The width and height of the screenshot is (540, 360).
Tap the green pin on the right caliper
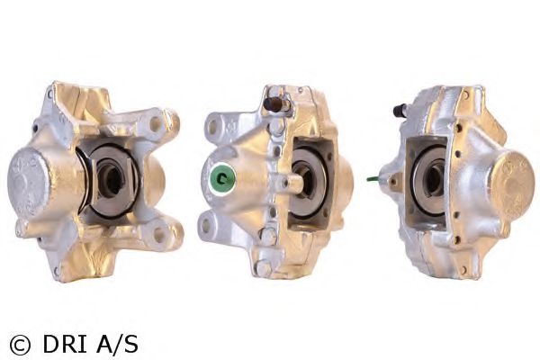pyautogui.click(x=373, y=179)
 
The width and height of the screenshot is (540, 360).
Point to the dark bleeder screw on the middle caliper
pyautogui.click(x=272, y=103)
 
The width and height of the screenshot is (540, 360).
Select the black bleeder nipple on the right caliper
pyautogui.click(x=399, y=110)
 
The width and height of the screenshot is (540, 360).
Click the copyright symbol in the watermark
pyautogui.click(x=20, y=344)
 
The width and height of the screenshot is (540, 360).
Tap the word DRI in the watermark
pyautogui.click(x=65, y=344)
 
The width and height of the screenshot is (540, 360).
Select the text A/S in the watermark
pyautogui.click(x=117, y=344)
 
